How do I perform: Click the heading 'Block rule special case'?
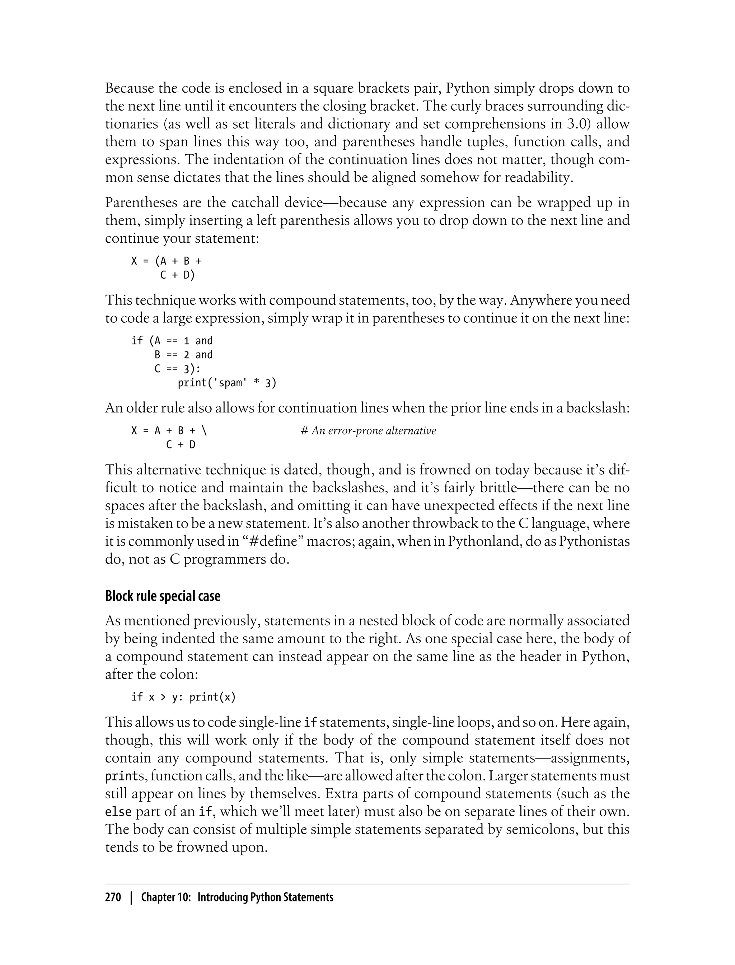pyautogui.click(x=162, y=596)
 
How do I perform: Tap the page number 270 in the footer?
pyautogui.click(x=113, y=898)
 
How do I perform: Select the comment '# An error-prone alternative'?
pyautogui.click(x=368, y=431)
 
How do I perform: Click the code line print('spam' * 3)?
pyautogui.click(x=226, y=383)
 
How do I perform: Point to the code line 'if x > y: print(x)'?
pyautogui.click(x=183, y=697)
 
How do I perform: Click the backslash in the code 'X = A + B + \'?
pyautogui.click(x=204, y=431)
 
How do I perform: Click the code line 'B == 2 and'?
pyautogui.click(x=183, y=355)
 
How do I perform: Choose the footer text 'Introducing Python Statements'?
pyautogui.click(x=265, y=898)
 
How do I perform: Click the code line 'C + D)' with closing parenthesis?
pyautogui.click(x=177, y=275)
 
